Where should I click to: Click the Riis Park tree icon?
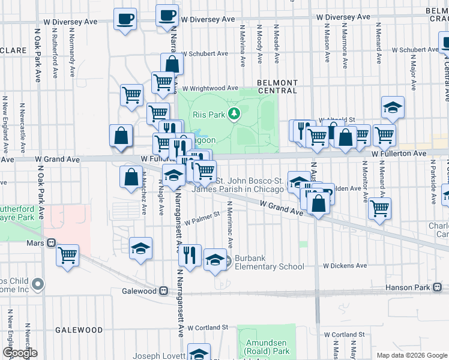tap(237, 113)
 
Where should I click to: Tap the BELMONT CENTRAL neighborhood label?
tap(277, 86)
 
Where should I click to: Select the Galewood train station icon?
tap(163, 291)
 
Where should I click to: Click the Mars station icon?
tap(52, 244)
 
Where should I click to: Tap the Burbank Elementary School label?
tap(269, 262)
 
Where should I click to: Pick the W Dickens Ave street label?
tap(345, 265)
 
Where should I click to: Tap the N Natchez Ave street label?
tap(145, 200)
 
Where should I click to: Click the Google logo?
tap(20, 353)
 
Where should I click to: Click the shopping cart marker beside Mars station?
tap(68, 254)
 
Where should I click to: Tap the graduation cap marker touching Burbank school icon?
tap(215, 260)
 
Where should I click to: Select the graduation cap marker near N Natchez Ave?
tap(140, 248)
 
